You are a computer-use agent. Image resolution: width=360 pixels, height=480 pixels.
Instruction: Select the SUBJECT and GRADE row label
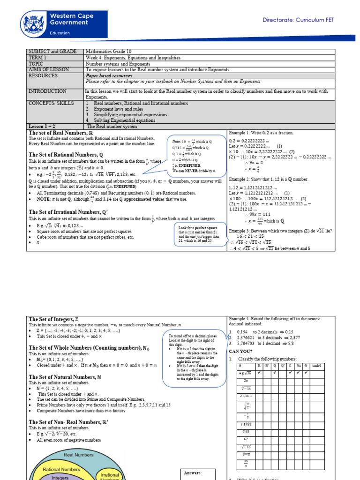50,51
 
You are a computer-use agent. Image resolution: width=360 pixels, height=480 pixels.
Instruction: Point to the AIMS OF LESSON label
49,69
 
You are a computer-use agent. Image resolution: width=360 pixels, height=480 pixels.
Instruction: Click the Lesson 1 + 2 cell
43,126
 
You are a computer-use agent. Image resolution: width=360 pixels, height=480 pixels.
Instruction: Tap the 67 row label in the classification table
246,439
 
